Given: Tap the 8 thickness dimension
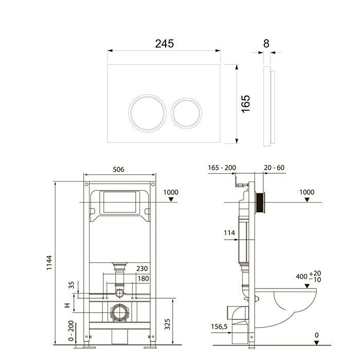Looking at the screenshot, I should pos(266,44).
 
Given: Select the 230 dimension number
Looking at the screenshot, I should pos(142,268).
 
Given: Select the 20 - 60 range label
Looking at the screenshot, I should pos(274,168).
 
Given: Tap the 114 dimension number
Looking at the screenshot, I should pos(229,233).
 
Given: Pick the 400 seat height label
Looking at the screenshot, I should pos(302,276).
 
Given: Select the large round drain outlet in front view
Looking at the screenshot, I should pos(119,312).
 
